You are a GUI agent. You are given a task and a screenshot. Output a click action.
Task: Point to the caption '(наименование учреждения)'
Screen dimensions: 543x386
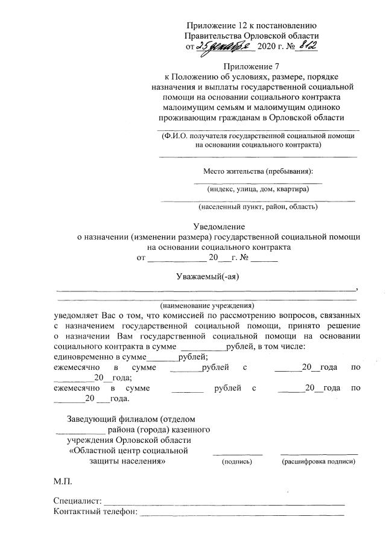[x=207, y=306]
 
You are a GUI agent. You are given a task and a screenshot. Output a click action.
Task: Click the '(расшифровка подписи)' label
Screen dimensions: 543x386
[x=318, y=462]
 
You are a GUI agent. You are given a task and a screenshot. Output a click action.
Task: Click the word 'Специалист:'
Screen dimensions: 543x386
[x=78, y=501]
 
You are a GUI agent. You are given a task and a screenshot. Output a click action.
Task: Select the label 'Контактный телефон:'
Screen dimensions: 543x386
[x=95, y=513]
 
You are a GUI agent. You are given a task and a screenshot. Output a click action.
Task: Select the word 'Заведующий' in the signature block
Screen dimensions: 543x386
[x=92, y=418]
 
